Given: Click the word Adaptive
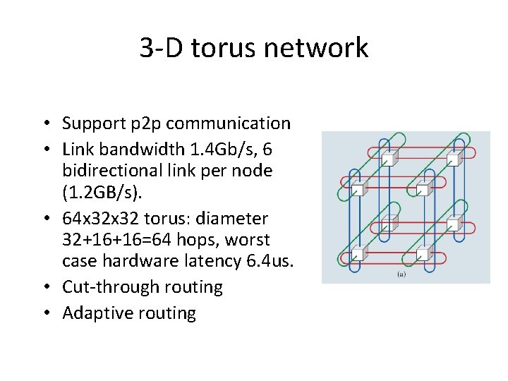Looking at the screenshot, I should [92, 313].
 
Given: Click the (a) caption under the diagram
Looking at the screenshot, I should [401, 273].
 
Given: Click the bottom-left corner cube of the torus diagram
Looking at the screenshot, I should [358, 254].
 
